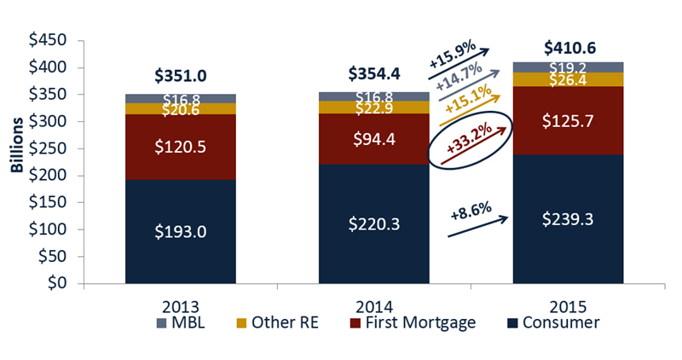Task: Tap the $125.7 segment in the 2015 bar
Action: pos(567,121)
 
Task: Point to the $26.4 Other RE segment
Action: pos(567,79)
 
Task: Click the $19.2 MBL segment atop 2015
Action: pos(567,67)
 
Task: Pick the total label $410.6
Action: pos(567,48)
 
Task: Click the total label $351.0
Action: pos(180,76)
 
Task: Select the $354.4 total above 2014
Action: pos(374,74)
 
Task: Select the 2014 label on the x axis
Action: pos(373,304)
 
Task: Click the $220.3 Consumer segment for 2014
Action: pos(374,225)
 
